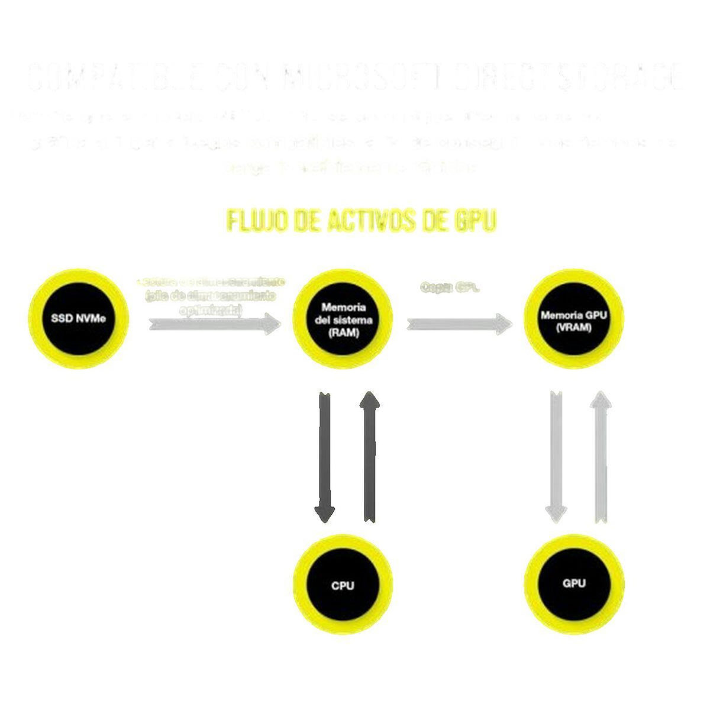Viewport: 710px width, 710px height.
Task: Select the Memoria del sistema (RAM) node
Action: point(343,319)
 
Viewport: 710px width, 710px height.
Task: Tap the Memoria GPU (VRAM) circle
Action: point(574,320)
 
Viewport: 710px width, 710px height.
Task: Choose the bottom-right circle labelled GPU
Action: point(574,583)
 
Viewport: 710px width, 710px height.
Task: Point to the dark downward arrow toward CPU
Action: point(324,456)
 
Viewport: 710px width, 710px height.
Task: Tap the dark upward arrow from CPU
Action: point(370,456)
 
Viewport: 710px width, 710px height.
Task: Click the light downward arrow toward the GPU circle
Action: point(556,456)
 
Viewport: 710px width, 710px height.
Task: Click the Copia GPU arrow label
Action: point(450,288)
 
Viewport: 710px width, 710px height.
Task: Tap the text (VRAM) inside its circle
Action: point(573,329)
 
